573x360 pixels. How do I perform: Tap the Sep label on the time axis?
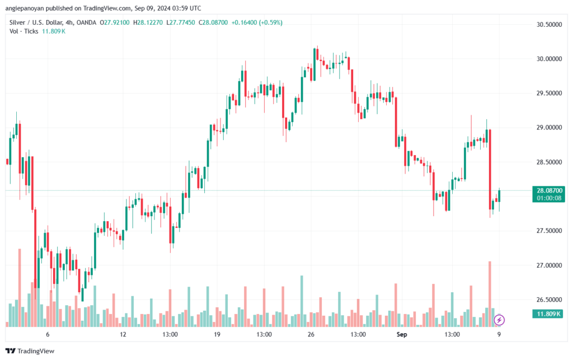pyautogui.click(x=401, y=334)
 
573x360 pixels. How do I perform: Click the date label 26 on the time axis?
pyautogui.click(x=311, y=334)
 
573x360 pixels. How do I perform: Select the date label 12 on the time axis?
pyautogui.click(x=123, y=334)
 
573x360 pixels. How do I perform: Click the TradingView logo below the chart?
pyautogui.click(x=31, y=351)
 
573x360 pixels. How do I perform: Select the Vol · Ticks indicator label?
pyautogui.click(x=24, y=31)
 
